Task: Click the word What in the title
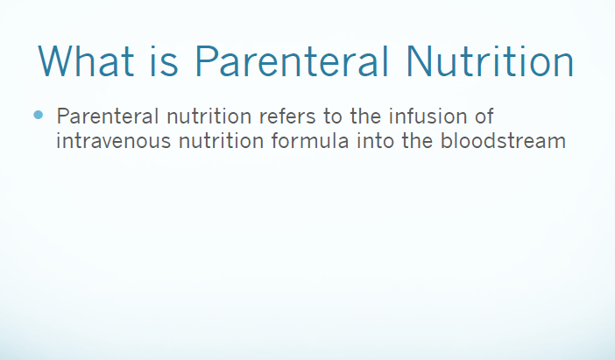pyautogui.click(x=86, y=60)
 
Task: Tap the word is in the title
pyautogui.click(x=164, y=60)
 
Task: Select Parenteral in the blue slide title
pyautogui.click(x=292, y=60)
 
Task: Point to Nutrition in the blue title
pyautogui.click(x=490, y=60)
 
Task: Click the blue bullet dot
pyautogui.click(x=38, y=115)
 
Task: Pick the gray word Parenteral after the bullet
pyautogui.click(x=108, y=116)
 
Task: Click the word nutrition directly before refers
pyautogui.click(x=209, y=116)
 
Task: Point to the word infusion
pyautogui.click(x=428, y=116)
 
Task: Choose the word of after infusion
pyautogui.click(x=484, y=116)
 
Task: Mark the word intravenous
pyautogui.click(x=113, y=141)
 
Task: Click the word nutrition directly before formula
pyautogui.click(x=222, y=141)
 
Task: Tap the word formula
pyautogui.click(x=310, y=140)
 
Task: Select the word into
pyautogui.click(x=375, y=141)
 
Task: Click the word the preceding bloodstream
pyautogui.click(x=417, y=140)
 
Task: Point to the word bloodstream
pyautogui.click(x=503, y=140)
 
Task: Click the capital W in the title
pyautogui.click(x=54, y=60)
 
